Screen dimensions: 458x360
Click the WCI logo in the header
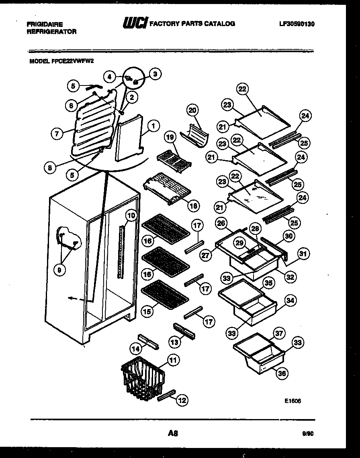tap(135, 24)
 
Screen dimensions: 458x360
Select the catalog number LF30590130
tap(297, 24)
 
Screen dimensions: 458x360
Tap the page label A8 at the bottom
tap(173, 433)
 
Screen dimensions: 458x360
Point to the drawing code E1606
tap(292, 400)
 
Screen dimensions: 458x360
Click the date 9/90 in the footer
tap(308, 434)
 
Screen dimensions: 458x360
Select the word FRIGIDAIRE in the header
tap(45, 24)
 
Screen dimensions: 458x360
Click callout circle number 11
tap(173, 360)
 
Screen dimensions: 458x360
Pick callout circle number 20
tap(193, 110)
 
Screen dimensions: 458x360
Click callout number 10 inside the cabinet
tap(131, 216)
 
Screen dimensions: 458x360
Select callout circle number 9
tap(59, 271)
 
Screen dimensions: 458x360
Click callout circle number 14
tap(136, 349)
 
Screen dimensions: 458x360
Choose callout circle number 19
tap(170, 137)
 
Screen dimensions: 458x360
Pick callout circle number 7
tap(57, 134)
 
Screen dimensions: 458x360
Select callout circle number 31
tap(303, 254)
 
